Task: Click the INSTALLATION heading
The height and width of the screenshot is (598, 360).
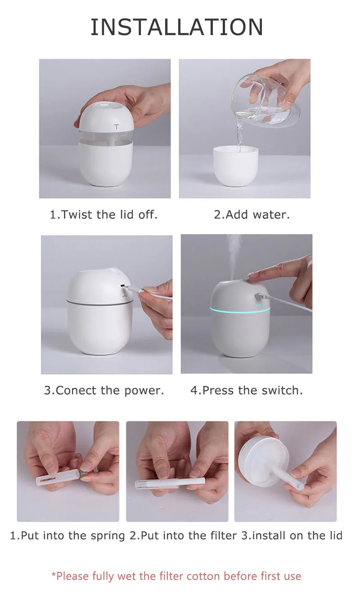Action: click(x=177, y=27)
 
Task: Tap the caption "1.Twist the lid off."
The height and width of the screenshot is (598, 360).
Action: click(x=103, y=215)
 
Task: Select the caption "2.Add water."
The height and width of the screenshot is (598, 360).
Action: click(x=252, y=215)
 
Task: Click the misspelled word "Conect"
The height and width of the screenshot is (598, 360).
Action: click(x=76, y=390)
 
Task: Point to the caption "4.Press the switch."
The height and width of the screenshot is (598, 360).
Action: click(x=247, y=390)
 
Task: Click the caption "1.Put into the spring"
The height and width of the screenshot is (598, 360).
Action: click(x=67, y=535)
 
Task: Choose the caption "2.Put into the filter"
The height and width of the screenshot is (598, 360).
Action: click(x=183, y=535)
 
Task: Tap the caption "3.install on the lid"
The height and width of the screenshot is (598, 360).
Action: click(x=292, y=535)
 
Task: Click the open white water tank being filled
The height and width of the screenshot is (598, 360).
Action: click(x=236, y=166)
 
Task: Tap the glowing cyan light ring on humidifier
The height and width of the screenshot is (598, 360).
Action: click(x=240, y=310)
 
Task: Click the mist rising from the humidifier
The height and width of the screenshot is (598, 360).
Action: click(x=234, y=256)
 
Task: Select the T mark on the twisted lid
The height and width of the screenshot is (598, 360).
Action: click(x=117, y=127)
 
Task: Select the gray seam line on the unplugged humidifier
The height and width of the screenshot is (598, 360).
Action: click(x=100, y=303)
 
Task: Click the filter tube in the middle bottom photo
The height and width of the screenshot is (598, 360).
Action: click(x=170, y=483)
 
